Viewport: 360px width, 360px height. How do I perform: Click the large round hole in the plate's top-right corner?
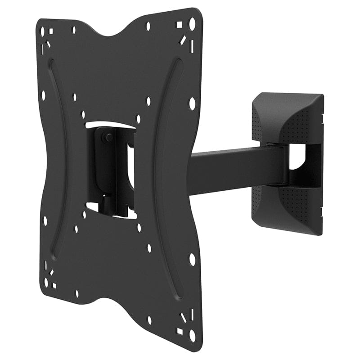coord(192,23)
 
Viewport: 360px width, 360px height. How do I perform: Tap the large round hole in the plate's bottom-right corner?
coord(192,335)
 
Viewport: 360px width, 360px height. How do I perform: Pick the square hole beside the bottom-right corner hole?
coord(180,332)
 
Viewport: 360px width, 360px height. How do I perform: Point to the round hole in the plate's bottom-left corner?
coord(45,283)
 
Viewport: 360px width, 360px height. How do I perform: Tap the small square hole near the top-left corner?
coord(50,31)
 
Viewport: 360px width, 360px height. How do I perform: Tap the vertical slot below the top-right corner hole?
coord(192,46)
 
